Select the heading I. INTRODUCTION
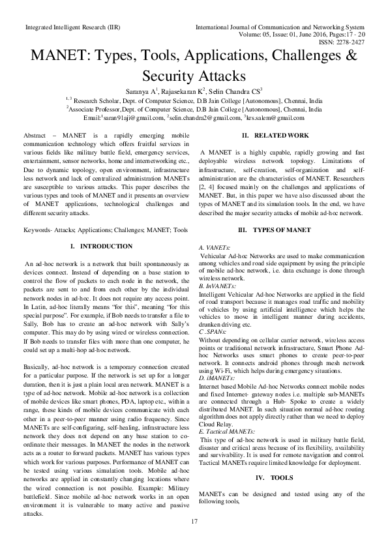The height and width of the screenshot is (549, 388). point(101,246)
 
